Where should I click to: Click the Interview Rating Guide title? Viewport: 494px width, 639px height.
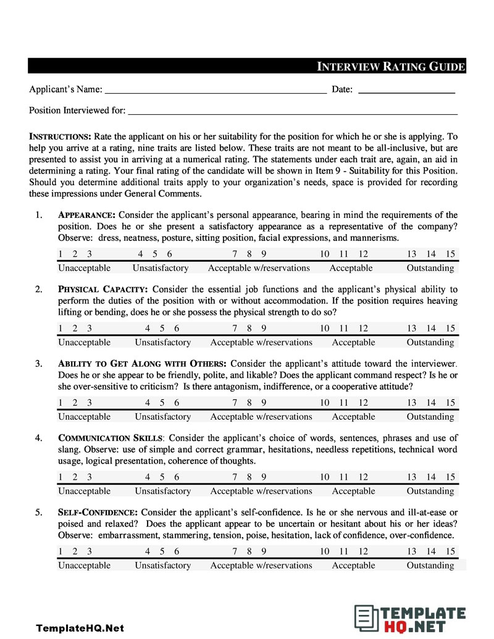pyautogui.click(x=390, y=67)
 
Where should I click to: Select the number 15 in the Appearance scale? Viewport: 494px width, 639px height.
pyautogui.click(x=450, y=254)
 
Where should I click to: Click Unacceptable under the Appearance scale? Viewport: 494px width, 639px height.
pyautogui.click(x=84, y=268)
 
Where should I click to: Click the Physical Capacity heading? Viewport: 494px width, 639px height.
pyautogui.click(x=103, y=290)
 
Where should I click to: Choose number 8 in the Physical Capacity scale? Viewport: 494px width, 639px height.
pyautogui.click(x=249, y=328)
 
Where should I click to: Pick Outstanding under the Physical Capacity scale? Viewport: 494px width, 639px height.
pyautogui.click(x=430, y=342)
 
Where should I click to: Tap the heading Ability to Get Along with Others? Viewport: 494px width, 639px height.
pyautogui.click(x=142, y=364)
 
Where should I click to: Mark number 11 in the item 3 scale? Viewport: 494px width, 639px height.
pyautogui.click(x=344, y=403)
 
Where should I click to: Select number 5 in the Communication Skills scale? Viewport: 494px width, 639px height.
pyautogui.click(x=162, y=477)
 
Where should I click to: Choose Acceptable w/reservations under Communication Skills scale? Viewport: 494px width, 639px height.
pyautogui.click(x=261, y=491)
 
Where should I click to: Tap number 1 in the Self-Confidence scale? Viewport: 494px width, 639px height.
pyautogui.click(x=61, y=551)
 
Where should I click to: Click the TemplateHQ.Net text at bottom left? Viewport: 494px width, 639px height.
pyautogui.click(x=80, y=628)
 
